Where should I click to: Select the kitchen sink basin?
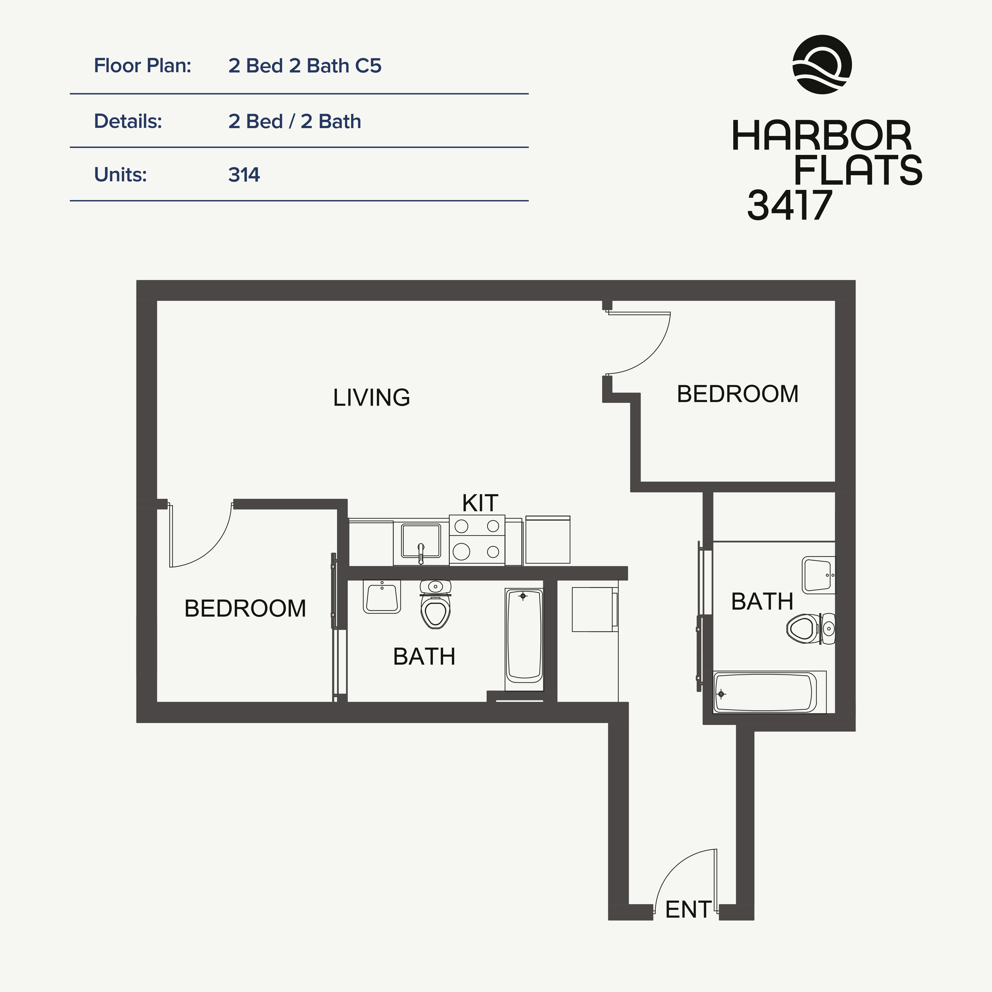pyautogui.click(x=420, y=541)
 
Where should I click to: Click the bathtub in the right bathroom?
pyautogui.click(x=765, y=693)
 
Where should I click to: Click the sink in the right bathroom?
pyautogui.click(x=818, y=575)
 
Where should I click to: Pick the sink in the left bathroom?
pyautogui.click(x=381, y=597)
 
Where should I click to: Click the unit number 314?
pyautogui.click(x=244, y=175)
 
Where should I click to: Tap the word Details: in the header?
pyautogui.click(x=128, y=122)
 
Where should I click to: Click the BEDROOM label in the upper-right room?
pyautogui.click(x=737, y=394)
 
